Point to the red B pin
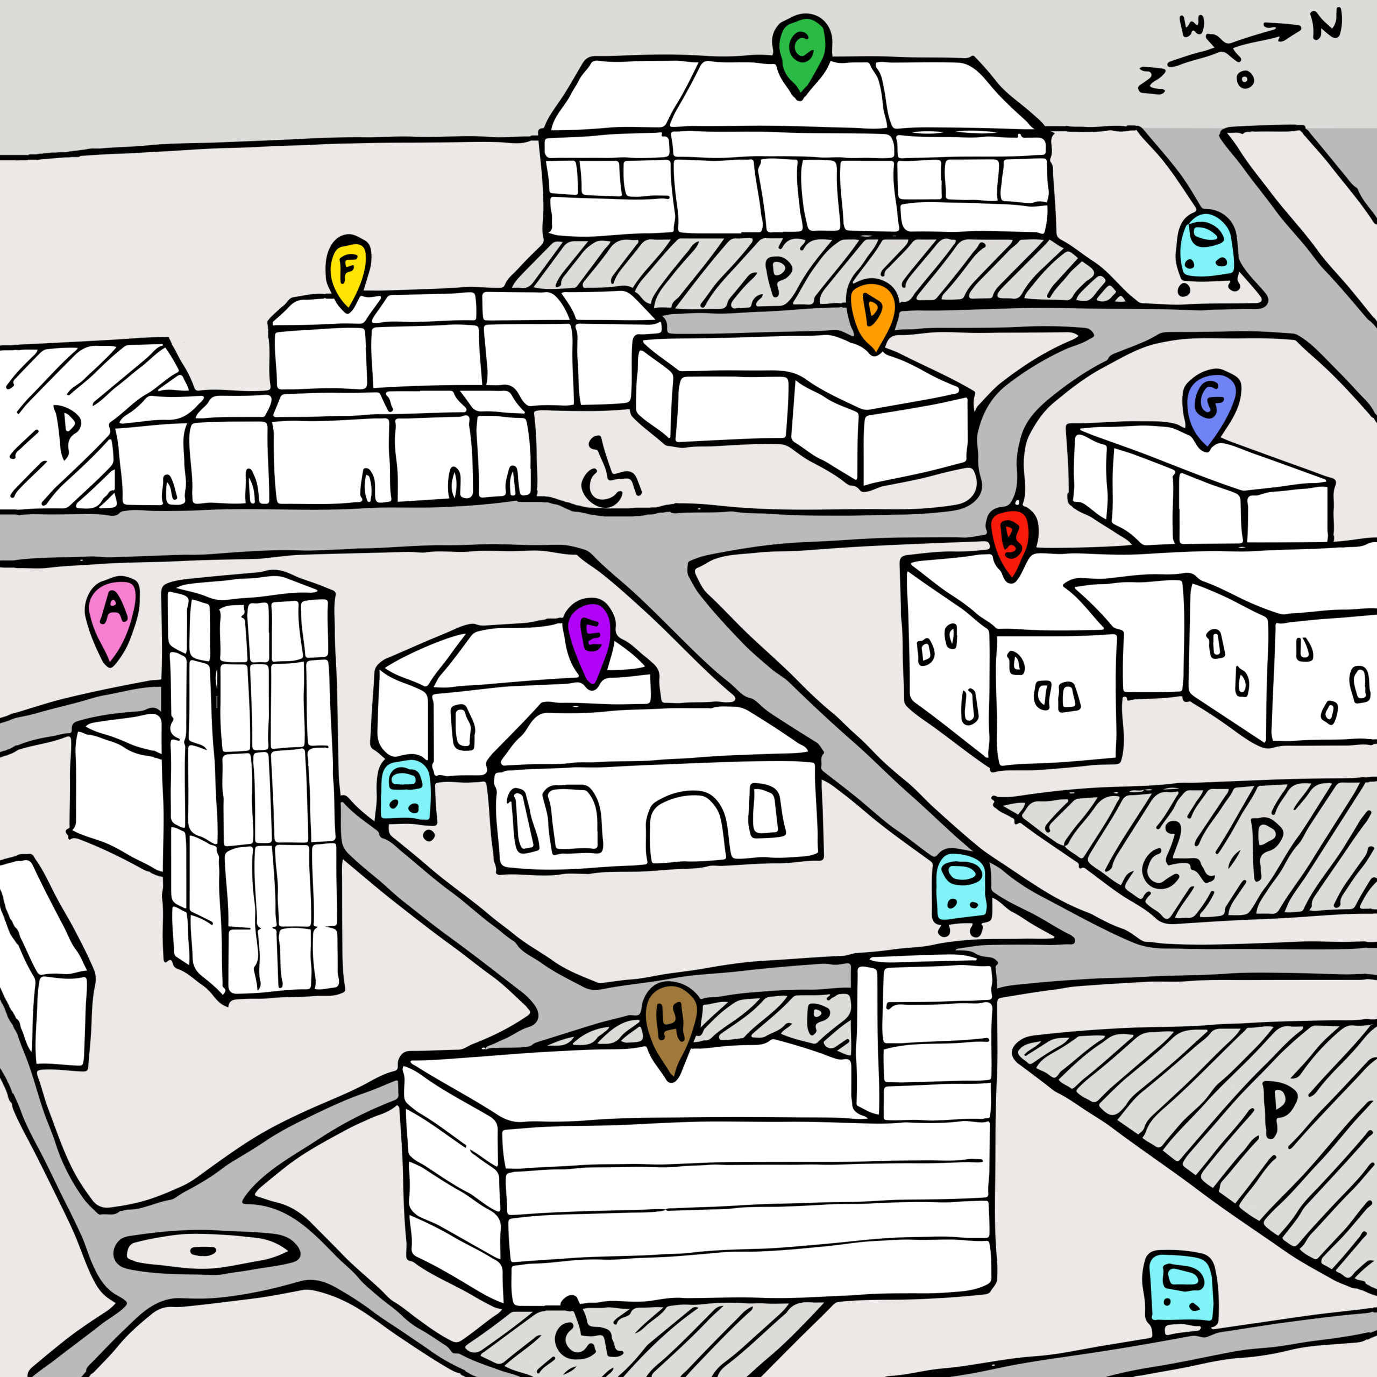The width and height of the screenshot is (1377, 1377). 1011,540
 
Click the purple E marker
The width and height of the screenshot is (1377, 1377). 590,637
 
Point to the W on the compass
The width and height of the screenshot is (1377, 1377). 1193,27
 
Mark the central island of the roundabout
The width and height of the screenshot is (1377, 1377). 204,1251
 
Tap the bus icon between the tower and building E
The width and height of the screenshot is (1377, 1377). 406,792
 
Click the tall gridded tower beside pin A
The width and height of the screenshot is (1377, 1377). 251,784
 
